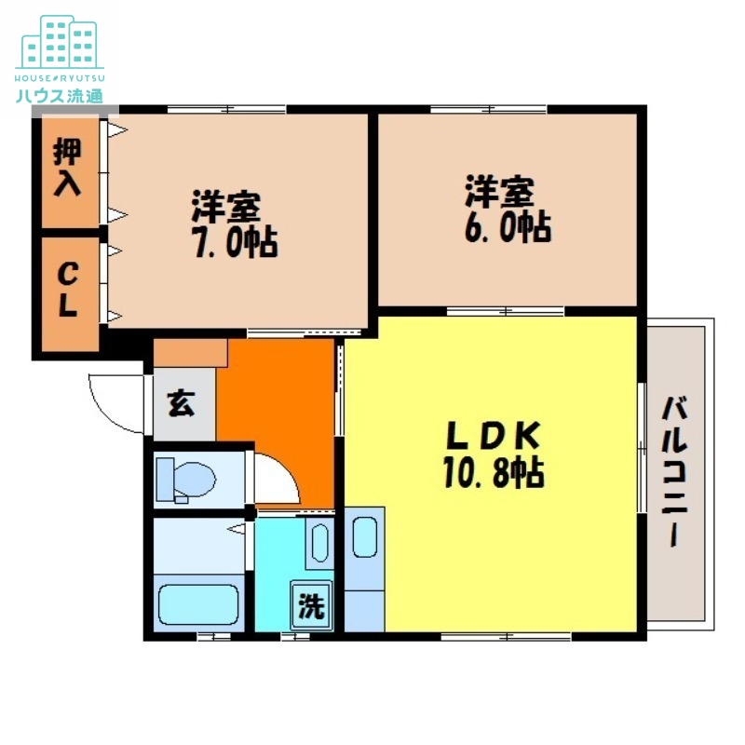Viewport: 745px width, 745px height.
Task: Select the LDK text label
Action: pyautogui.click(x=493, y=436)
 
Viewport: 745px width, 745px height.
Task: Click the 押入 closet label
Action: pyautogui.click(x=67, y=167)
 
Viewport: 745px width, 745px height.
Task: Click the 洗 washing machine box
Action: pyautogui.click(x=311, y=606)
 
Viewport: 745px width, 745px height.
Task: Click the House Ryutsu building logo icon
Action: pyautogui.click(x=60, y=41)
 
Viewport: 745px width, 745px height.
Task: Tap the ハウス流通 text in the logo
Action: pyautogui.click(x=60, y=94)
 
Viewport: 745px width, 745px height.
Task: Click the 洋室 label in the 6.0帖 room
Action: pyautogui.click(x=499, y=191)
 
